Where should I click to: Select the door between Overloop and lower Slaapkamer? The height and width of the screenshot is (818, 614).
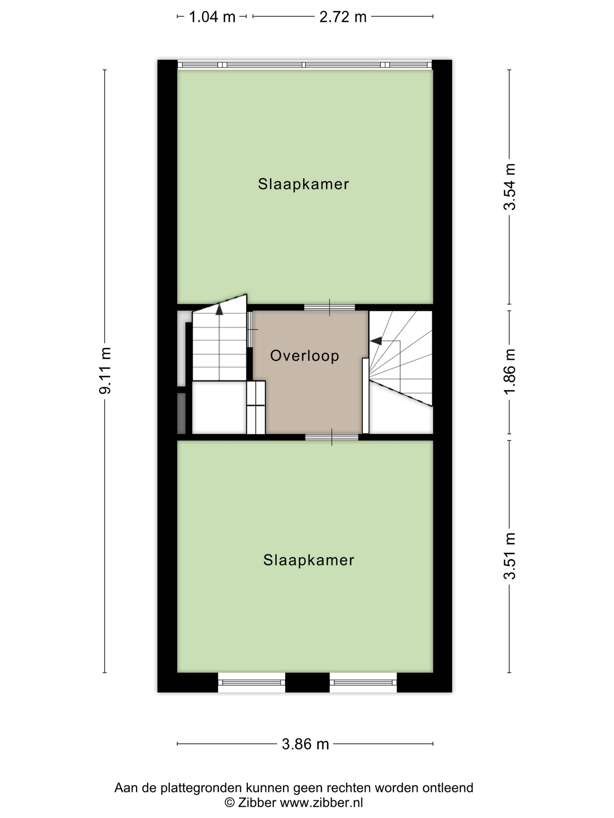(332, 437)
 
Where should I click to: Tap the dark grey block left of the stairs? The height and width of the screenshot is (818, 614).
(181, 413)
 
